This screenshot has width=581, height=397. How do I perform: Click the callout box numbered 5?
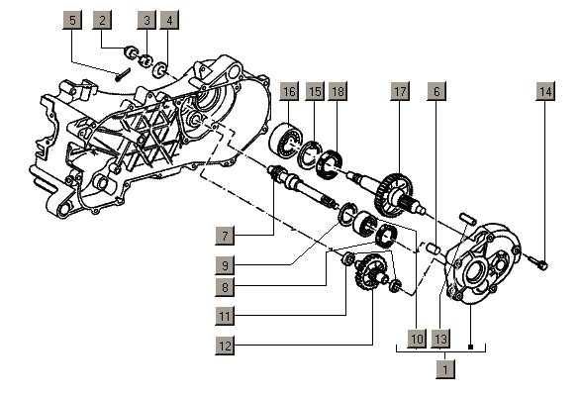coord(72,20)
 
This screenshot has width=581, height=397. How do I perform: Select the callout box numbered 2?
coord(102,20)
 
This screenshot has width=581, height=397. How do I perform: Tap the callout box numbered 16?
coord(289,91)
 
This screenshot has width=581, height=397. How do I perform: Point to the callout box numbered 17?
coord(400,91)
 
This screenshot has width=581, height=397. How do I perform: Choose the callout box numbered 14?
coord(545,91)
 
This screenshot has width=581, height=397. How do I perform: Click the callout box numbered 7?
coord(225,236)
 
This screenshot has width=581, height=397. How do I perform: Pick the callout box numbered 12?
coord(225,346)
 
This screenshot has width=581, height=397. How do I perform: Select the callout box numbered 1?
coord(445,369)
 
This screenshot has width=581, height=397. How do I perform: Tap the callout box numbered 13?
coord(440,339)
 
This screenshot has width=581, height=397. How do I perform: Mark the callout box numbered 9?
coord(225,265)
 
